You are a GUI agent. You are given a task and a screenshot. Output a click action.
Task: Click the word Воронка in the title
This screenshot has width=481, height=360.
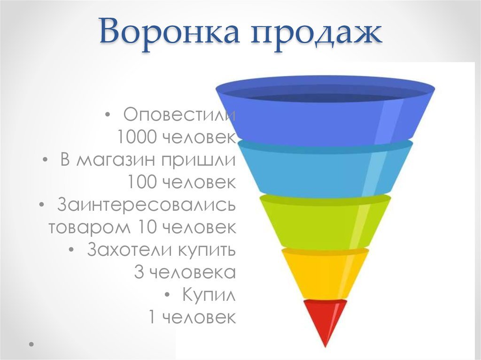[169, 31]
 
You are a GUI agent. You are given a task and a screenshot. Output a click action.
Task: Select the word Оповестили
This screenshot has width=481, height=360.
[179, 115]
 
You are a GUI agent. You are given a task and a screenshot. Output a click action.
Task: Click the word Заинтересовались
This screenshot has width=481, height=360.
[147, 205]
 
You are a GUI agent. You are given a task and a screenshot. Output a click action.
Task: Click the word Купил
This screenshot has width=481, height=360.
[209, 295]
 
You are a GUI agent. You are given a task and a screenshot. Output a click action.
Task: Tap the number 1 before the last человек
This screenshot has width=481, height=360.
[152, 317]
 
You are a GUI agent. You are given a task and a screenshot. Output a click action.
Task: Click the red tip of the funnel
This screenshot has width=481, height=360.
[325, 319]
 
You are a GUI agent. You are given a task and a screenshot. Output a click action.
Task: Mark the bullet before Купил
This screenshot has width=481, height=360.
[167, 295]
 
